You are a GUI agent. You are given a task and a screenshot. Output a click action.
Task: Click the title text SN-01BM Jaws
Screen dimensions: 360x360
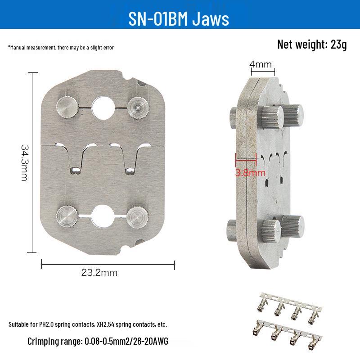(179, 18)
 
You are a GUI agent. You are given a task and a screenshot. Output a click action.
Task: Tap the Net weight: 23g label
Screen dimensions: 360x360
(312, 44)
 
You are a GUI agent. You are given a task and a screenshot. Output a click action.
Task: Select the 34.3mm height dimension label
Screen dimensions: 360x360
(24, 163)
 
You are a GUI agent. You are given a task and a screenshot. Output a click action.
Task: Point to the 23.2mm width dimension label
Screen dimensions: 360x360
(99, 273)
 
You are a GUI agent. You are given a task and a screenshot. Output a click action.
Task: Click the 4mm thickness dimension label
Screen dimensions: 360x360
(261, 64)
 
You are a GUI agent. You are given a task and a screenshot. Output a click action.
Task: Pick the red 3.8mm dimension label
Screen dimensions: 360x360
(250, 173)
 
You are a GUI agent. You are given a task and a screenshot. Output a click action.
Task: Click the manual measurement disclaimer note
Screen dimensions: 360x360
(61, 48)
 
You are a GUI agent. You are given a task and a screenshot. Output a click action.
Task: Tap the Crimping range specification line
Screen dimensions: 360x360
(98, 341)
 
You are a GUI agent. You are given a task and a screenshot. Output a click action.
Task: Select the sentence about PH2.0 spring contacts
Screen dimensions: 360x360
(88, 324)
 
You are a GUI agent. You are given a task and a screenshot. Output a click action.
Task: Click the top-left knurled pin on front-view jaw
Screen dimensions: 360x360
(67, 108)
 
